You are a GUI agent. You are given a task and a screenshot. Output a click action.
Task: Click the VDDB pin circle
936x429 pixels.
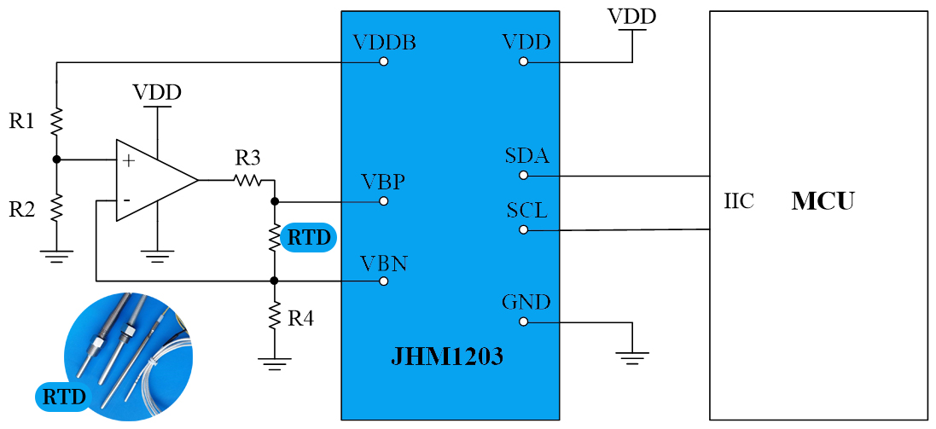click(x=384, y=62)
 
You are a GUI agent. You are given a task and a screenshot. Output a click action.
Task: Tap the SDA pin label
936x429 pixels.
click(x=526, y=157)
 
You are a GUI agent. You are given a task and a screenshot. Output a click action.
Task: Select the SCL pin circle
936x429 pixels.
click(x=524, y=229)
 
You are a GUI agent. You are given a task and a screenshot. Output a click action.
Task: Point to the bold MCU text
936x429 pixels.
click(x=823, y=202)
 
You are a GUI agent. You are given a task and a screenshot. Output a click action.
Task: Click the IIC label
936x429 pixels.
click(x=739, y=203)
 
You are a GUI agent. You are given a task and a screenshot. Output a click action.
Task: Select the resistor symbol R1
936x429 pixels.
click(x=56, y=121)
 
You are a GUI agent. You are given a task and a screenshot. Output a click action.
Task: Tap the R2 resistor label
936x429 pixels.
click(x=22, y=208)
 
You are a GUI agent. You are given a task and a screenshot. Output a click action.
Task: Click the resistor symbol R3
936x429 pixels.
click(x=247, y=180)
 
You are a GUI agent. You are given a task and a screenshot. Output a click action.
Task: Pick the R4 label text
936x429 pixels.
click(x=300, y=319)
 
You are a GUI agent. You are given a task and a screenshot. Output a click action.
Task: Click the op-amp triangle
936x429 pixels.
click(x=154, y=180)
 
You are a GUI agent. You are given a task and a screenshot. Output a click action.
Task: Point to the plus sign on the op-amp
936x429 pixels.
click(x=129, y=159)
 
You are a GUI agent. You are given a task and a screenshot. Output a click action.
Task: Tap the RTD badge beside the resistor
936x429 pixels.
click(x=308, y=238)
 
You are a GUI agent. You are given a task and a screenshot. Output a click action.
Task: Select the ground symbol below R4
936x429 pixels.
click(x=274, y=362)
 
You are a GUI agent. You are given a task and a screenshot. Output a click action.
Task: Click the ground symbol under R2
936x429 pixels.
click(x=56, y=255)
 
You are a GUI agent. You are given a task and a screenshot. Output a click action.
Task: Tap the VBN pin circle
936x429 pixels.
click(x=384, y=281)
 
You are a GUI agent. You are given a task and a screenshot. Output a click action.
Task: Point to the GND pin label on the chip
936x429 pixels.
click(x=526, y=303)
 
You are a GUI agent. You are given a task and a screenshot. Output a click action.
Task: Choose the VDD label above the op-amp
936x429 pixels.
click(x=157, y=92)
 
